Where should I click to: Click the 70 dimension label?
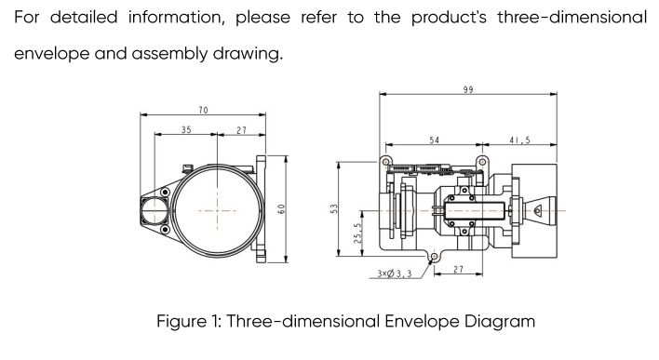[203, 110]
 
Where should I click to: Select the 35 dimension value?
[186, 130]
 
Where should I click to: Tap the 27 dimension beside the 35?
[241, 130]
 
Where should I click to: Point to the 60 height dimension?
[281, 208]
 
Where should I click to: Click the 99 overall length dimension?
[468, 89]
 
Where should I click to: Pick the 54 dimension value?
[434, 140]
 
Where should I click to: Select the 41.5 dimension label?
[520, 140]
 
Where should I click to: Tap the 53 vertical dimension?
[334, 208]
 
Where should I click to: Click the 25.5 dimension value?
[357, 233]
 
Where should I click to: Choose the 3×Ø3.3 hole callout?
[395, 273]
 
